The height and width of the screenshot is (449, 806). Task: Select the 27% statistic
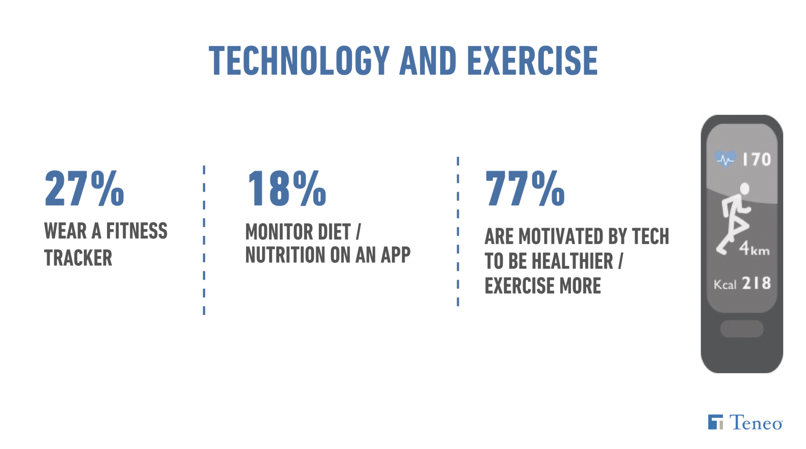click(x=85, y=188)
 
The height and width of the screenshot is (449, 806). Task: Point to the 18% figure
click(x=287, y=188)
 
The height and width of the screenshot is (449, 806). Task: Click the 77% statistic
click(x=525, y=188)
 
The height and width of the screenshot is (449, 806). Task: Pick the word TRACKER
click(x=78, y=258)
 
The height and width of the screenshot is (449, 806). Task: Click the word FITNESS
click(x=137, y=231)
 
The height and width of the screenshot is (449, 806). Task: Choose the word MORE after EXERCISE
click(x=580, y=286)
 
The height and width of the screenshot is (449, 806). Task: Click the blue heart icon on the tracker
click(x=725, y=159)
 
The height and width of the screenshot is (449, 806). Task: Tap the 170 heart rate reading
click(x=756, y=160)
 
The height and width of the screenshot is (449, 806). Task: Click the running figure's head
click(x=744, y=189)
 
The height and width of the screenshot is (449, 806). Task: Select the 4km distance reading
click(x=754, y=249)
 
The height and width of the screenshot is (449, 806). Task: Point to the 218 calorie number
click(x=756, y=283)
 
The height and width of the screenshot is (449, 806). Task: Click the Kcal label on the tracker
click(x=725, y=285)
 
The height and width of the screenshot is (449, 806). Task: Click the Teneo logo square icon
click(x=715, y=422)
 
